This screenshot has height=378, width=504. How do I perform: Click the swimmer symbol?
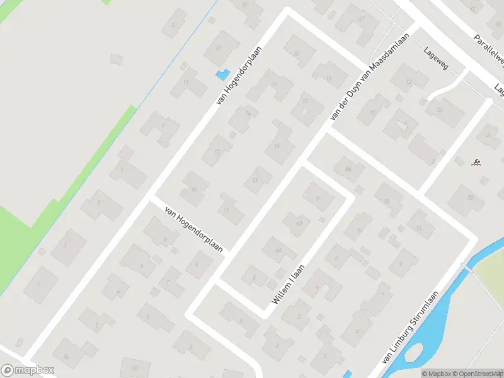477,164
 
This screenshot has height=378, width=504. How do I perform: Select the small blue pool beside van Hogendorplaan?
222,74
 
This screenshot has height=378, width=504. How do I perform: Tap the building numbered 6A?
277,249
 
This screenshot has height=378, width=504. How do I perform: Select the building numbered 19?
329,79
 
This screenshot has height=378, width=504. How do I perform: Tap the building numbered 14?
248,113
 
